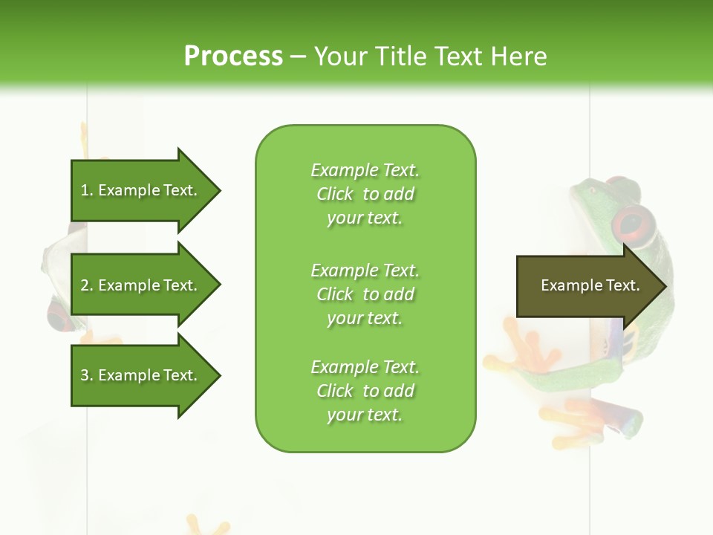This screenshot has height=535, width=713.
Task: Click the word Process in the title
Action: point(233,56)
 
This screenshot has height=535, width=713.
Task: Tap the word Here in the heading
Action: point(518,56)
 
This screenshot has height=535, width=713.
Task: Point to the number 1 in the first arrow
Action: point(85,190)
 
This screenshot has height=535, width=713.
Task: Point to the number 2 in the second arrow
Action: point(85,285)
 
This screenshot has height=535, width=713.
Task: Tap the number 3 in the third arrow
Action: point(85,375)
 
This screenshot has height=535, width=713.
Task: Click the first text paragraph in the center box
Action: point(365,194)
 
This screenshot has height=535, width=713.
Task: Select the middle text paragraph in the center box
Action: point(365,294)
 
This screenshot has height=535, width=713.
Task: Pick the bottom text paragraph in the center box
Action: point(365,391)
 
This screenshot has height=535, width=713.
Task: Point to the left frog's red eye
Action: point(58,313)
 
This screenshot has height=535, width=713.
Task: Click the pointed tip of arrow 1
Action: point(219,190)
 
